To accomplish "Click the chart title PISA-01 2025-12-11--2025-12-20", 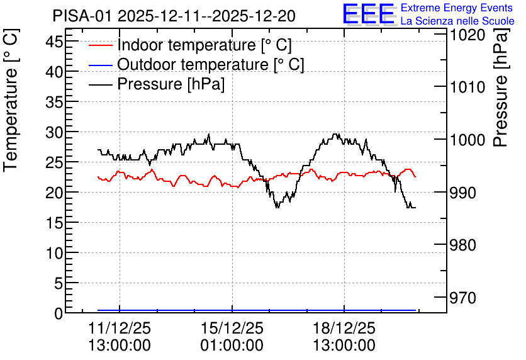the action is coord(174,16).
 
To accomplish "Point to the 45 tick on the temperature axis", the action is coord(54,42).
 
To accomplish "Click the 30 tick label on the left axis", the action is coord(54,133).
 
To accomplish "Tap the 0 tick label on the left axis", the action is coord(59,313).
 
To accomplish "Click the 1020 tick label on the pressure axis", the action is coord(467,35).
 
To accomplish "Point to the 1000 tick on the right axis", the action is coord(467,140).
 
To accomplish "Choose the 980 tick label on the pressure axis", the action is coord(463,245).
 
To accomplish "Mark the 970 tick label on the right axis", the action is coord(463,298).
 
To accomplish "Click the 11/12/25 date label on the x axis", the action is coord(120,328).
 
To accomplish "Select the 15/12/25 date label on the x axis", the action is coord(232,328).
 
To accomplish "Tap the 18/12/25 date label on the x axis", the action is coord(344,328).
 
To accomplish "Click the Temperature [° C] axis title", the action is coord(11,100).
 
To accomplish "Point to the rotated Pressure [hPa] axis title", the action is coord(501,87).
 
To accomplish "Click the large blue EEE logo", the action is coord(368,14).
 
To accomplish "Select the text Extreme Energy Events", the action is coord(457,8).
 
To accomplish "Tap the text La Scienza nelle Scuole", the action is coord(457,21).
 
